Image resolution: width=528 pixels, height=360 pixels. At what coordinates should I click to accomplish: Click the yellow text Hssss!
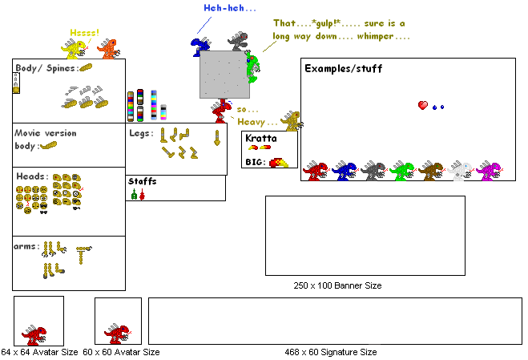[84, 33]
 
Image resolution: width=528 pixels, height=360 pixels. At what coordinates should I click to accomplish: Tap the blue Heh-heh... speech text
[230, 8]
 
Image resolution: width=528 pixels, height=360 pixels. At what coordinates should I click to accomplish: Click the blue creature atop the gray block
[200, 43]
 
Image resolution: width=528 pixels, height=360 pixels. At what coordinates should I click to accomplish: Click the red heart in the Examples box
[422, 105]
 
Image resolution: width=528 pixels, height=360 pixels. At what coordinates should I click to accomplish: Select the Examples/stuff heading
[343, 69]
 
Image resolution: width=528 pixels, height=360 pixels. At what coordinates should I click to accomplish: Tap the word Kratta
[260, 138]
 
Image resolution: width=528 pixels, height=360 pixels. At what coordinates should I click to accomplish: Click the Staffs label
[142, 182]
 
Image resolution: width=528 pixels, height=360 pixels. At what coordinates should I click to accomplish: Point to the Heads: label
[31, 176]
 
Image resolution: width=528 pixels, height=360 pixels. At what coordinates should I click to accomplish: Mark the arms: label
[26, 245]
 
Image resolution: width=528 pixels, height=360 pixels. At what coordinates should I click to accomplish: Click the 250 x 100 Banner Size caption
[337, 285]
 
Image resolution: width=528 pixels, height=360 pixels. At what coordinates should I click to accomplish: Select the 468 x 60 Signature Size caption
[330, 352]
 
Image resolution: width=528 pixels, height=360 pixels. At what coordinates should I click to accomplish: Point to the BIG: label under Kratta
[255, 163]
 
